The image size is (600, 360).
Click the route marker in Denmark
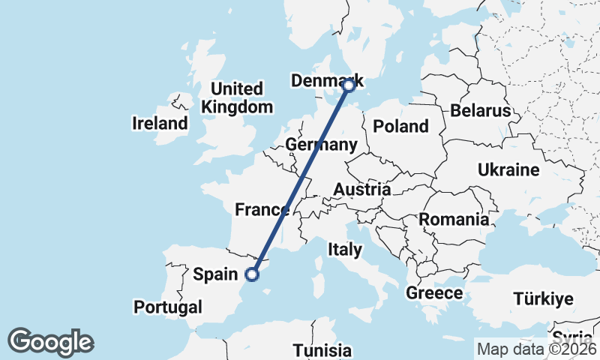point(349,85)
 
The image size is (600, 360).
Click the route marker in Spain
point(252,274)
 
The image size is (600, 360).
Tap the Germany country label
point(321,144)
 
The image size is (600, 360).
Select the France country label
point(262,210)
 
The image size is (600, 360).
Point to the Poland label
point(400,126)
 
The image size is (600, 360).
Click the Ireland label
point(160,123)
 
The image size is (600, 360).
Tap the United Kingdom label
point(237,97)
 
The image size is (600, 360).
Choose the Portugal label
point(169,307)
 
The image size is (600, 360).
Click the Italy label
point(346,248)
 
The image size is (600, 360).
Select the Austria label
point(362,190)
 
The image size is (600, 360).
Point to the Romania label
point(454,220)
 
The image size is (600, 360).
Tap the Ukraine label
point(508,170)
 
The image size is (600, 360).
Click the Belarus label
point(481,111)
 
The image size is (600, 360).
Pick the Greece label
point(434,292)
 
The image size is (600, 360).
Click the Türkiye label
point(544,299)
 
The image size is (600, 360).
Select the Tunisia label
point(322,350)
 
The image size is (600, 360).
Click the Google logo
point(50,342)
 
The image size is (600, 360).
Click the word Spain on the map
point(216,274)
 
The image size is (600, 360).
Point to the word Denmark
point(326,80)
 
